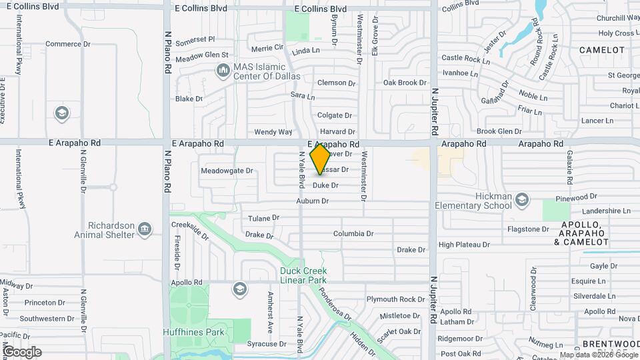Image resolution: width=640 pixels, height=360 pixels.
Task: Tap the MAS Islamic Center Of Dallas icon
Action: pos(222,70)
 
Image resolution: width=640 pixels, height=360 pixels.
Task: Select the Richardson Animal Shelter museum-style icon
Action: pos(144,230)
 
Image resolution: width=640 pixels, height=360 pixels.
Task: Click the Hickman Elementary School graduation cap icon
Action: pos(522,199)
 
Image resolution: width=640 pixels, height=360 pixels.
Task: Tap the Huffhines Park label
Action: pos(195,331)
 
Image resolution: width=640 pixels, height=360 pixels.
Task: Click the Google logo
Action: pos(22,352)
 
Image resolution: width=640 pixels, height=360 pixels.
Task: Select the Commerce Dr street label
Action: pos(67,45)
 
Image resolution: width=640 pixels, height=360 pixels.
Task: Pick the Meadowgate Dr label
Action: pos(227,171)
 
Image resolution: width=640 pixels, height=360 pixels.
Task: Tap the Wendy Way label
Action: pos(273,132)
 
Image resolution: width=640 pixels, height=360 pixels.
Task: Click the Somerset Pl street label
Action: pos(195,39)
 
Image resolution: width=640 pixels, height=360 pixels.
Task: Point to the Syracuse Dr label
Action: pos(267,344)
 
